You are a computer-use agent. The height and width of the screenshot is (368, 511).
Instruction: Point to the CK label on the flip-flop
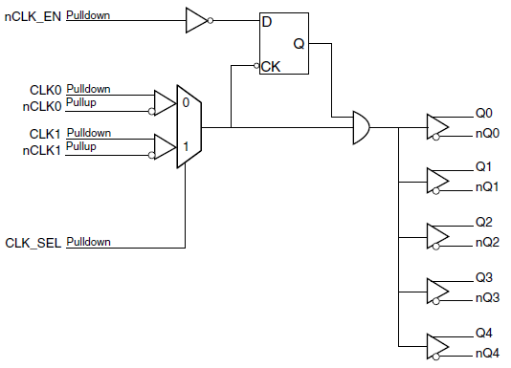pyautogui.click(x=271, y=67)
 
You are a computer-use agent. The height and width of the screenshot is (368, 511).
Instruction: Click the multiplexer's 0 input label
pyautogui.click(x=186, y=100)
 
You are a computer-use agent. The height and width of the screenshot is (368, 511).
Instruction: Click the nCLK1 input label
pyautogui.click(x=42, y=150)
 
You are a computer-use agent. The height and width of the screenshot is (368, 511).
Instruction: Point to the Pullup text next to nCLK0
pyautogui.click(x=80, y=102)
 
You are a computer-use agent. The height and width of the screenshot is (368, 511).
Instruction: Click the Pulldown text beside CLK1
pyautogui.click(x=88, y=133)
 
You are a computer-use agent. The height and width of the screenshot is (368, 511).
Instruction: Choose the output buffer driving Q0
pyautogui.click(x=437, y=126)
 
